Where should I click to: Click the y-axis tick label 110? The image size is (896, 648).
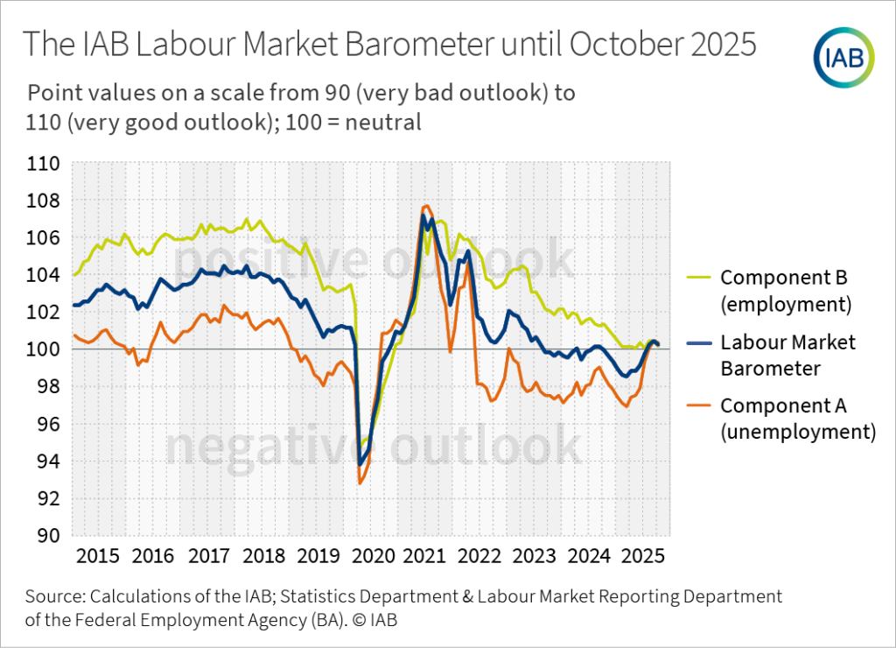(x=43, y=164)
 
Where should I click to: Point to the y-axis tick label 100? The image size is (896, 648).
(x=43, y=350)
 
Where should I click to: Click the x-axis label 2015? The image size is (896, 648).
(x=97, y=557)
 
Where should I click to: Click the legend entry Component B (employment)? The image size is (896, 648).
(x=785, y=291)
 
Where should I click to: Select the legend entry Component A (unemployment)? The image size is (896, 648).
(x=796, y=418)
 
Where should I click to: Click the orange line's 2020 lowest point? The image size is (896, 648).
(x=360, y=482)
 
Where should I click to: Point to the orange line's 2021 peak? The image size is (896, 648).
(x=425, y=206)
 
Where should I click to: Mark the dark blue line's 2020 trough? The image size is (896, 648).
(x=360, y=465)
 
